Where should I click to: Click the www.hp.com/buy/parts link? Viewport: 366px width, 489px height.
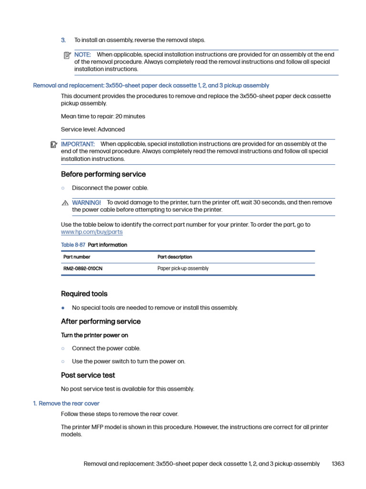coord(91,232)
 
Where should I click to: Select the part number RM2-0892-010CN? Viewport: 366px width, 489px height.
coord(83,269)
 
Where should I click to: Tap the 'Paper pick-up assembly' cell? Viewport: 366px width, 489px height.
coord(183,269)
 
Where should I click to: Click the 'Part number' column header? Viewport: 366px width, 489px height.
coord(77,257)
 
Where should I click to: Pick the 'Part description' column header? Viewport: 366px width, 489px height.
coord(175,257)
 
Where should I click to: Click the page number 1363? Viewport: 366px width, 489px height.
coord(337,464)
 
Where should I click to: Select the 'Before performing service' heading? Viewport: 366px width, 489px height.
coord(103,174)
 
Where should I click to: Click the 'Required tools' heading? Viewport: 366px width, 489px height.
coord(84,294)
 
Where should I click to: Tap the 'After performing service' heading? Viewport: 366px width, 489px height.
coord(101,321)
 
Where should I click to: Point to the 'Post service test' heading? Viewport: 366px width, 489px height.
coord(88,375)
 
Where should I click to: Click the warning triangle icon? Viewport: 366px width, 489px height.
coord(65,203)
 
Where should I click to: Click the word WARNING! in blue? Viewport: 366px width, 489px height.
coord(86,202)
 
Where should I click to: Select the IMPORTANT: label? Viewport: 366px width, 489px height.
coord(78,144)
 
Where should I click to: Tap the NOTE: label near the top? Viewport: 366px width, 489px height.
coord(82,54)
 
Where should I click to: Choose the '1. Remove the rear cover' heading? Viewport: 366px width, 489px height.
coord(66,404)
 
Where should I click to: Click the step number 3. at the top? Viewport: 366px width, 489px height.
coord(63,40)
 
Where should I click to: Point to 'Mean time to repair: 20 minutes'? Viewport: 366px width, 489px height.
coord(103,117)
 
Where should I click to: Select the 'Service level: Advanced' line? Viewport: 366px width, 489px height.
coord(93,129)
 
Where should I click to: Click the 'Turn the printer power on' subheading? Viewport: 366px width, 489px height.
coord(94,335)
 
